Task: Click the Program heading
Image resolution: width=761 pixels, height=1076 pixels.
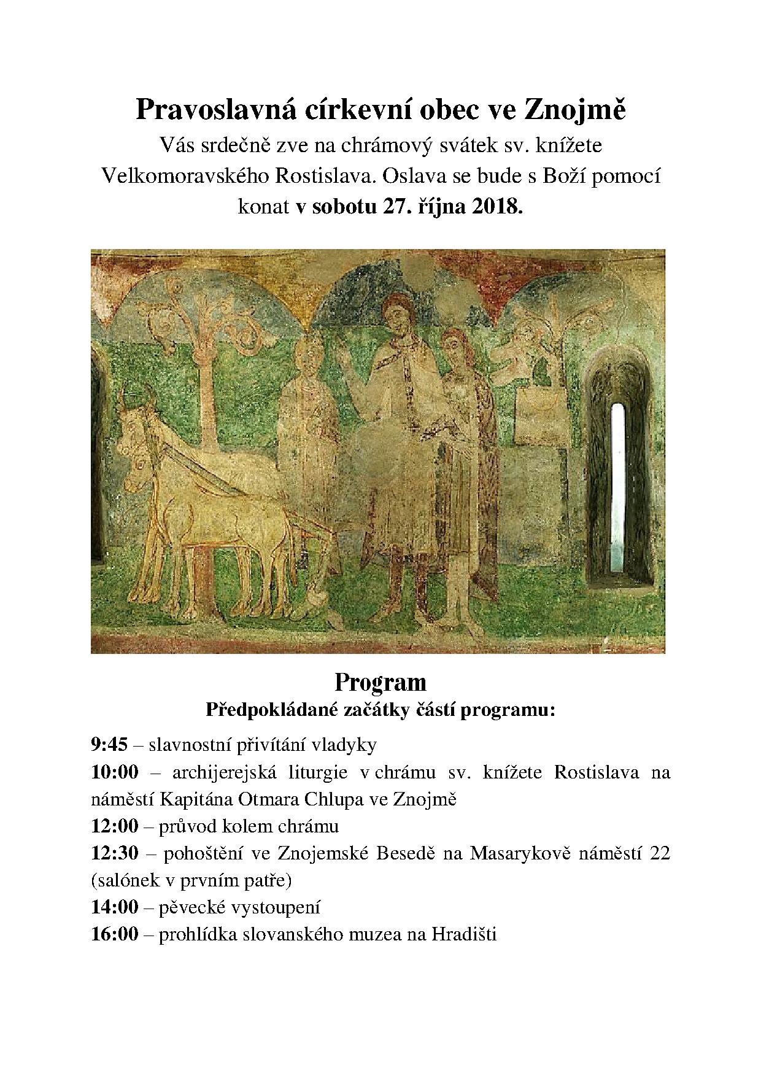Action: [380, 682]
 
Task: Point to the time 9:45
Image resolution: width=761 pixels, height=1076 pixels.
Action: [109, 745]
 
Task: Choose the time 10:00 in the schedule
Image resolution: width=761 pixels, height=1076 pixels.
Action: [115, 772]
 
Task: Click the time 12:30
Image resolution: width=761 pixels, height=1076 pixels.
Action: [115, 853]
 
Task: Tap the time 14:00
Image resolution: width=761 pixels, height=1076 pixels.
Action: [115, 907]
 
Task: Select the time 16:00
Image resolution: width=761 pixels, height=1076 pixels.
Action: [115, 934]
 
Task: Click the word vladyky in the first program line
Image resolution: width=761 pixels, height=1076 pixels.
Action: [344, 745]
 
